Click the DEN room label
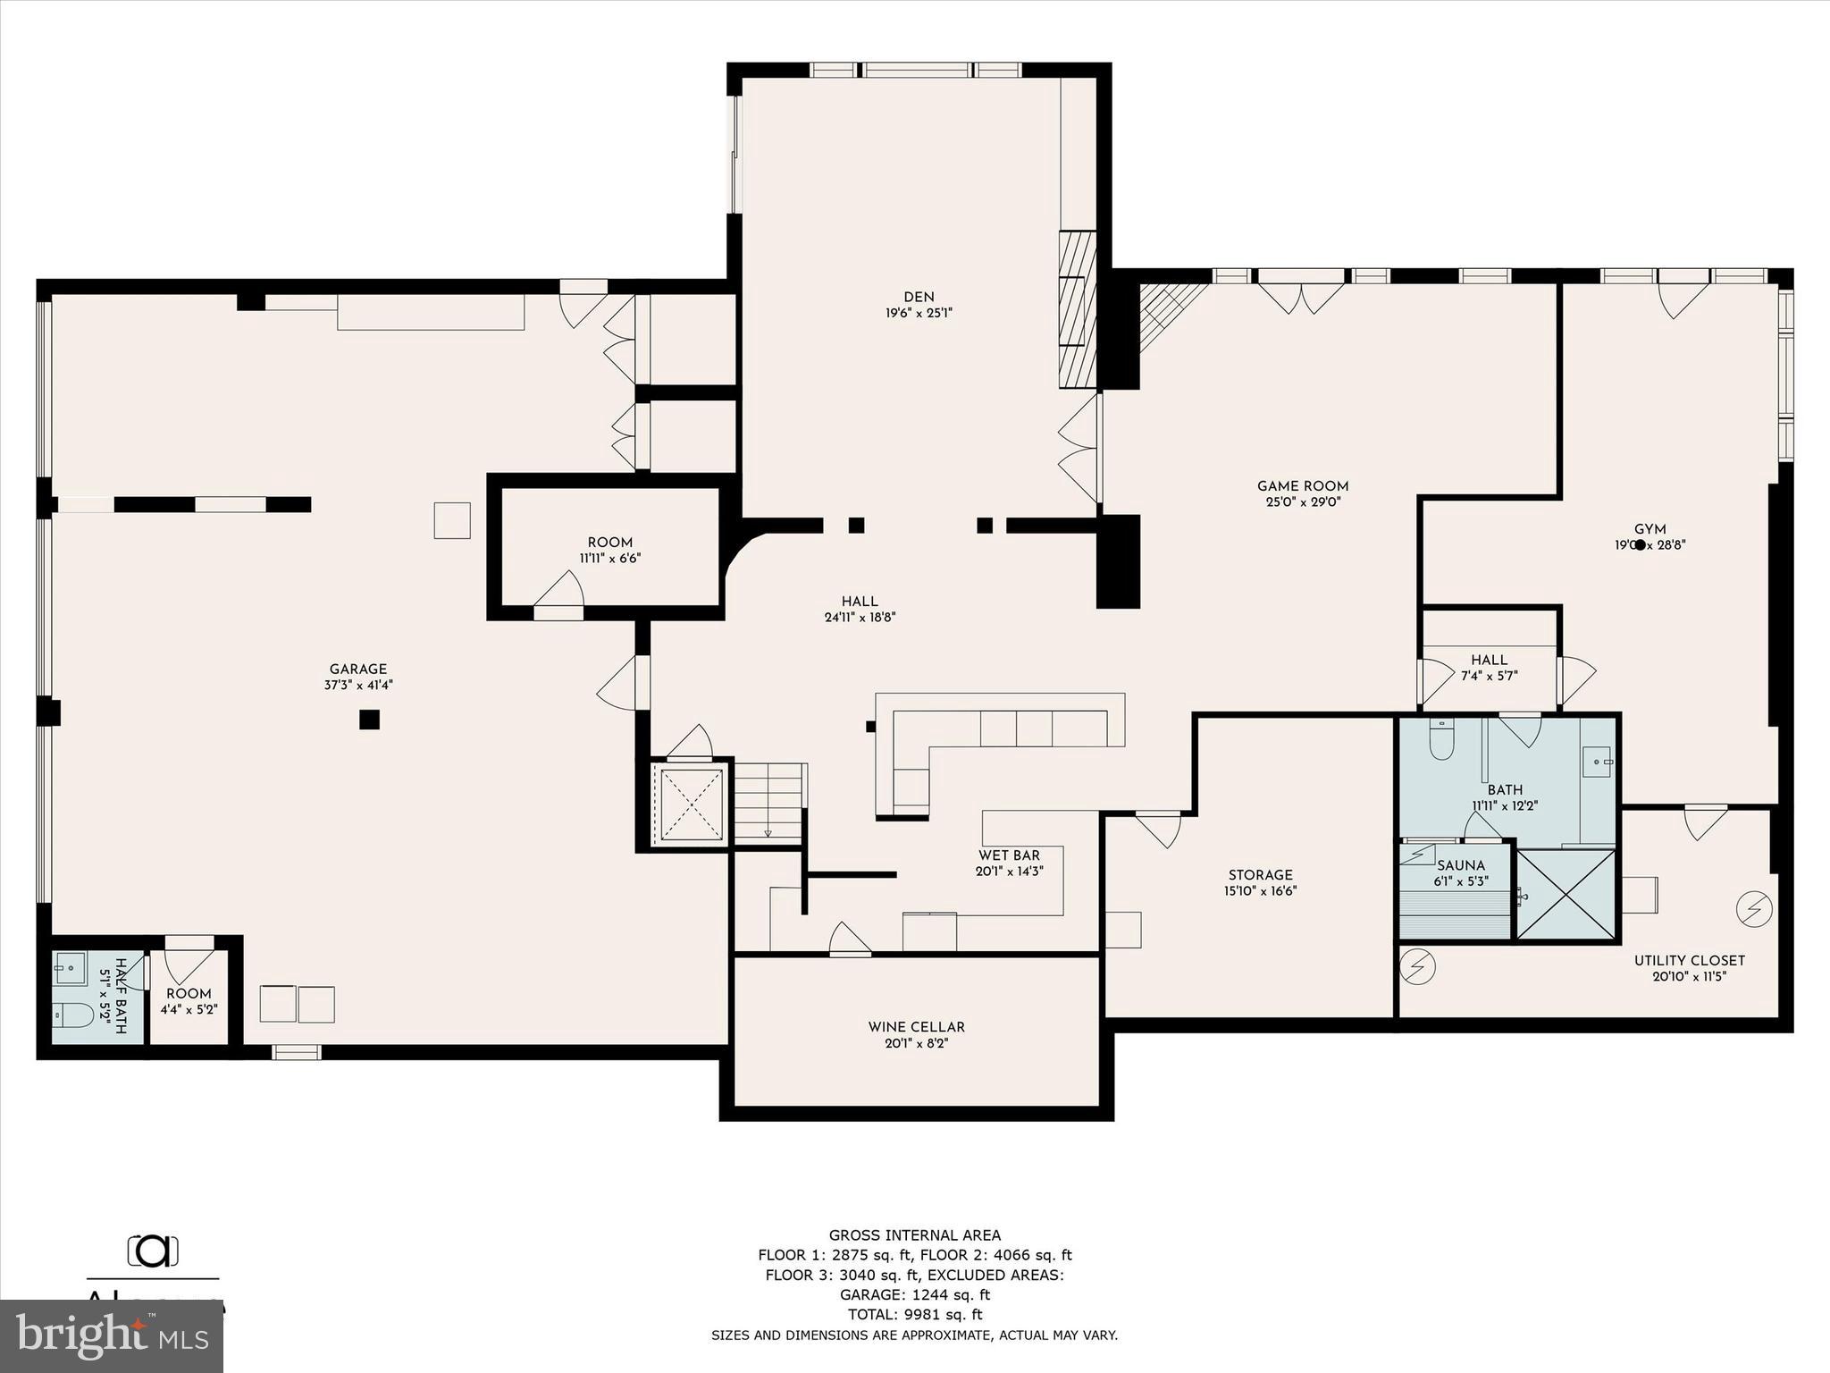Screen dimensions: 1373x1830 point(919,298)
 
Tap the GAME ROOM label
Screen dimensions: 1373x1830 point(1302,486)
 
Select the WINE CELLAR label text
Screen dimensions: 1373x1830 point(916,1027)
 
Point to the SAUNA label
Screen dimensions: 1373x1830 point(1461,865)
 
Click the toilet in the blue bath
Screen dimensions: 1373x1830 point(1441,740)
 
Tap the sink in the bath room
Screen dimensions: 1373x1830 point(1596,762)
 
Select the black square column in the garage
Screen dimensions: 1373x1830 point(369,720)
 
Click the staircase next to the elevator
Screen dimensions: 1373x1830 point(768,801)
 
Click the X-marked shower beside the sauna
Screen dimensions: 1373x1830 point(1566,895)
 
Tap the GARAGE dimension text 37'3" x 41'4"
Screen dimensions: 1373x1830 point(358,686)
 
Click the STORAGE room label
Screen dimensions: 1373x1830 point(1260,875)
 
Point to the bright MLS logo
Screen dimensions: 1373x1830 point(112,1336)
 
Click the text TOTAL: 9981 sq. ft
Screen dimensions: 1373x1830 point(914,1314)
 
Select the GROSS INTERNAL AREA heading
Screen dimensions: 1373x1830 point(914,1235)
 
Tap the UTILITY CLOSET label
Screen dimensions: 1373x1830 point(1689,961)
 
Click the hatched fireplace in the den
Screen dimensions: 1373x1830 point(1077,310)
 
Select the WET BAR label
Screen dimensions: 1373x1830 point(1009,855)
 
